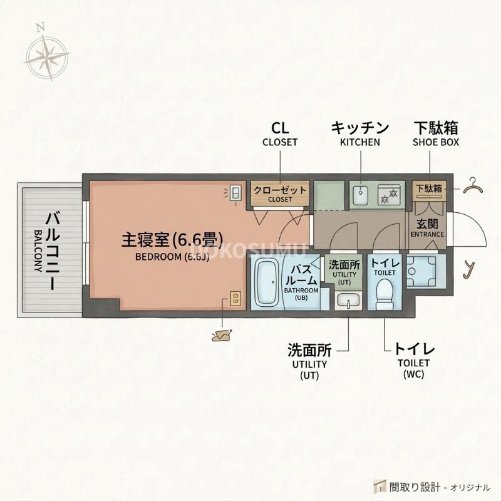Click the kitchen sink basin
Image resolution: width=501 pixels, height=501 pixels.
click(x=361, y=195)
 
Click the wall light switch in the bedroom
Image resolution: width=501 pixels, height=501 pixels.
click(x=236, y=194)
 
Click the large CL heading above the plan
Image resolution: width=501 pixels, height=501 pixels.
click(x=280, y=128)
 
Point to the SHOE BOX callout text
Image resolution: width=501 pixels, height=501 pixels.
click(x=436, y=142)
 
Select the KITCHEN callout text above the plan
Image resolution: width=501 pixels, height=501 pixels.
click(x=360, y=142)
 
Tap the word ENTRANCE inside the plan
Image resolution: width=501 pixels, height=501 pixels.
click(x=427, y=235)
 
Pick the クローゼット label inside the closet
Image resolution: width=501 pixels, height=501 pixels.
click(x=280, y=190)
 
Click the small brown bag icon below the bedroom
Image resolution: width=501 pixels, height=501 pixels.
click(x=222, y=336)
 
